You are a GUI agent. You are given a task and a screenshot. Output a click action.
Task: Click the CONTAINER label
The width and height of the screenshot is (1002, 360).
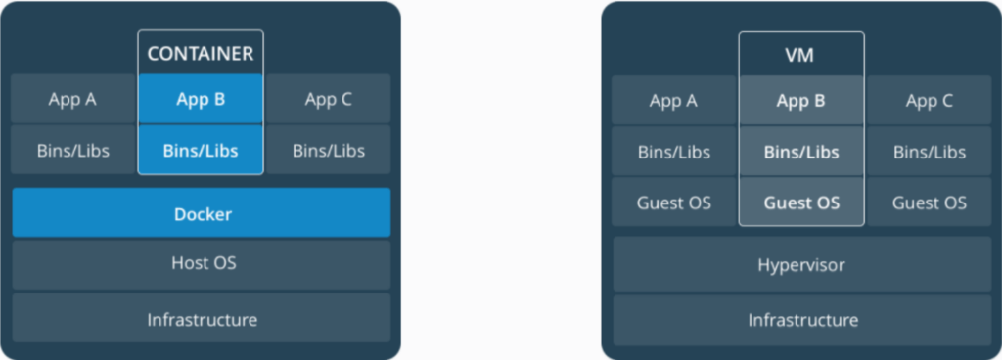[x=200, y=53]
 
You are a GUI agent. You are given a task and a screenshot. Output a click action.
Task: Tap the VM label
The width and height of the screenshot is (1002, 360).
[x=800, y=56]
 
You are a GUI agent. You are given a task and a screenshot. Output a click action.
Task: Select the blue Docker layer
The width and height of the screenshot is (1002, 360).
[x=202, y=213]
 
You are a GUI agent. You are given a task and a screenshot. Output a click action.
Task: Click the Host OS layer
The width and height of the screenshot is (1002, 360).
[x=202, y=263]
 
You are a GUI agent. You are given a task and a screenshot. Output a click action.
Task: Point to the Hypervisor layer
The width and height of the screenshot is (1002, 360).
[x=801, y=265]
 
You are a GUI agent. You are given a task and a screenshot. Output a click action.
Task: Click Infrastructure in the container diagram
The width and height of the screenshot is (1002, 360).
[x=202, y=319]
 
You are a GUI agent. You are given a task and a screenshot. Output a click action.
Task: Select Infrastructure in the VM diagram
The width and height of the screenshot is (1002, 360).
[x=801, y=319]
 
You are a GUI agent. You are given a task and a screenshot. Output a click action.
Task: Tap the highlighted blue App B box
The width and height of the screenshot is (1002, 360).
[x=201, y=99]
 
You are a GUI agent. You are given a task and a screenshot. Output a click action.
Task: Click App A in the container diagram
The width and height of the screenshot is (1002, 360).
[x=72, y=99]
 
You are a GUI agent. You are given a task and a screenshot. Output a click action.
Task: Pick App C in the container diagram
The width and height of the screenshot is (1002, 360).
[x=329, y=99]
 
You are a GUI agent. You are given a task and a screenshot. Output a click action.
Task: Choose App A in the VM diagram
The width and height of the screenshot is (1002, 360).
[x=673, y=101]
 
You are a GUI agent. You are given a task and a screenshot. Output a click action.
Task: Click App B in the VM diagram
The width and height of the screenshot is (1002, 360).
[x=800, y=101]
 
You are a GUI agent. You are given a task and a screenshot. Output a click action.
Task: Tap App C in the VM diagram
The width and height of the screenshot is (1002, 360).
[x=929, y=101]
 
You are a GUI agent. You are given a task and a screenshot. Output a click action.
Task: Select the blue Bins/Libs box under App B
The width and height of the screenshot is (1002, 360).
[x=201, y=151]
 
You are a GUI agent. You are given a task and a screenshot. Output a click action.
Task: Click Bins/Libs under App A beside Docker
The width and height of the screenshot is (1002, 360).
[x=72, y=151]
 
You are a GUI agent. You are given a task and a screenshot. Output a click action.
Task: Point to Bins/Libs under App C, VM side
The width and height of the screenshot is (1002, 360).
[x=929, y=152]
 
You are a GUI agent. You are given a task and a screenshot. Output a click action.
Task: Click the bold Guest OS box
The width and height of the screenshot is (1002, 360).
[x=800, y=203]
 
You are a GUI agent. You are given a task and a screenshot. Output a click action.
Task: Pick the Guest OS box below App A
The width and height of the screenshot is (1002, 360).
[x=673, y=203]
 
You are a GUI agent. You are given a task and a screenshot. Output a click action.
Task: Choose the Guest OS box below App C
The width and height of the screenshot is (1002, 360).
[x=929, y=203]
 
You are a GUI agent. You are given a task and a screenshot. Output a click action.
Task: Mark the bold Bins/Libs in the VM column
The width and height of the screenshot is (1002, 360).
[x=800, y=152]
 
